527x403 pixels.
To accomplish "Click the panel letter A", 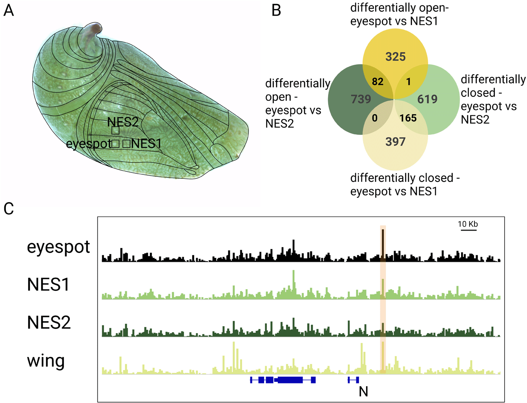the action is click(9, 11).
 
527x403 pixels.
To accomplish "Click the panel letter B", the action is click(276, 11).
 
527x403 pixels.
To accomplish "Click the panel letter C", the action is click(9, 209).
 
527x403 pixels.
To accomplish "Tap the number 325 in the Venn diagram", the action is click(396, 57).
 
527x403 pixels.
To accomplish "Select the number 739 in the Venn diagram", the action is click(361, 99).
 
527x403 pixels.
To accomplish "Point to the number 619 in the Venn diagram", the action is click(427, 99).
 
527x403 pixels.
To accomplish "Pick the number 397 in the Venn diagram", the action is click(396, 142).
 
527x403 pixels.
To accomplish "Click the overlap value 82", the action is click(377, 82).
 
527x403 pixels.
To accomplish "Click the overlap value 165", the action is click(408, 118).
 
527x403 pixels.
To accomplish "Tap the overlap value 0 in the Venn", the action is click(374, 118).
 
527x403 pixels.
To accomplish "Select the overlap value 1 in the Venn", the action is click(408, 82).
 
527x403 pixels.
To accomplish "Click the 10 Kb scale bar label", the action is click(468, 224).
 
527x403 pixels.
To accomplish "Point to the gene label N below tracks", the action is click(363, 392).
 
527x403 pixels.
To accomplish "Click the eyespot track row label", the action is click(58, 247).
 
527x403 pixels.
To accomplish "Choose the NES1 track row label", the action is click(48, 285).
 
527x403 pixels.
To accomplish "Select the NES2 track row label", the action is click(49, 322).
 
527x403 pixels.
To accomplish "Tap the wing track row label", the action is click(46, 361).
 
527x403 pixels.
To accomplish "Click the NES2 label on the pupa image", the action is click(123, 122).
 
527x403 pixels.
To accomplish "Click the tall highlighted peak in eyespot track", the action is click(383, 245).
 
